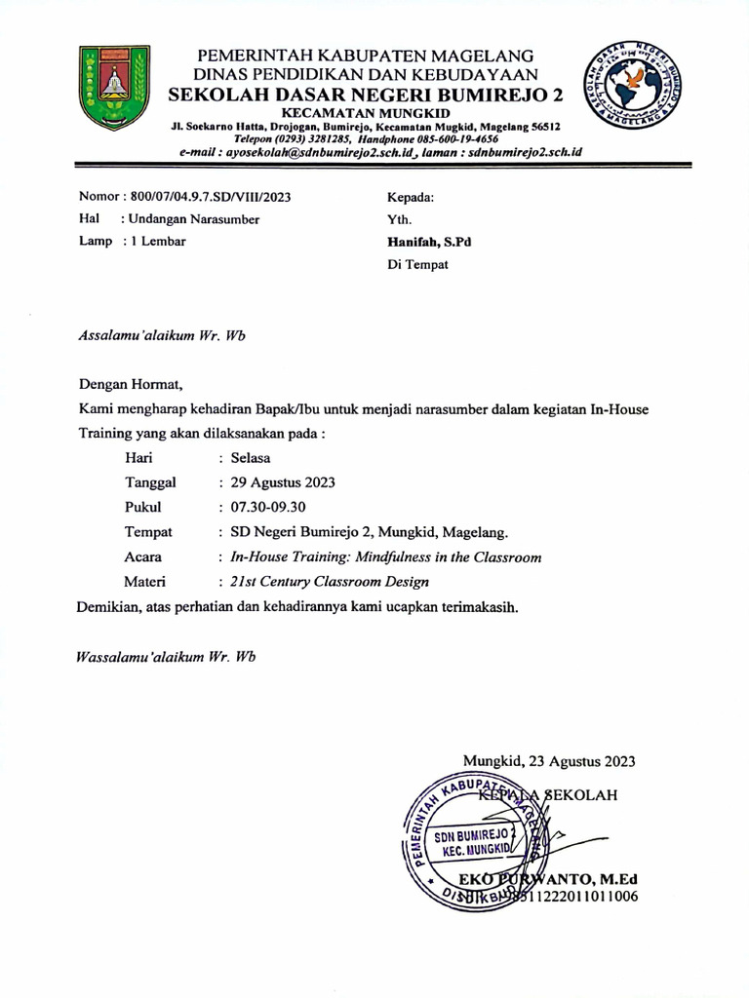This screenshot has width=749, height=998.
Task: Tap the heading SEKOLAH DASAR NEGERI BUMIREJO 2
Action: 366,96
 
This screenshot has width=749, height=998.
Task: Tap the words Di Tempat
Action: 417,265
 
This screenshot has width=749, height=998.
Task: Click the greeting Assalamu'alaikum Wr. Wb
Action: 161,337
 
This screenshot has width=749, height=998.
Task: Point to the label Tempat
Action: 148,532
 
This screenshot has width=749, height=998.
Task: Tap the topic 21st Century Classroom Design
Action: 329,583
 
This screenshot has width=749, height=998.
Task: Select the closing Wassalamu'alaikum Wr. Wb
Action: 165,657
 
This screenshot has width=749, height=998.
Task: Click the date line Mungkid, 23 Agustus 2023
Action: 550,761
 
